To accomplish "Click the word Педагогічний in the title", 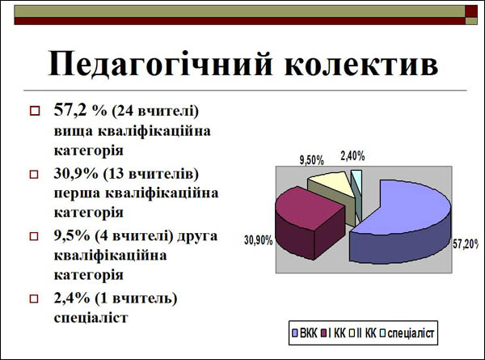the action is coord(160,64).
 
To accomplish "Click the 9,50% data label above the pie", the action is coord(311,161).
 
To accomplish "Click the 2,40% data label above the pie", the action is coord(352,156).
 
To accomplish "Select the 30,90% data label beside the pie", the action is coord(259,240).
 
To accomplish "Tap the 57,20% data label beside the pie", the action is coord(466,244).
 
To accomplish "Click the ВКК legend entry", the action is coord(305,333).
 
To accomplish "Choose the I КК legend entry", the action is coord(333,333).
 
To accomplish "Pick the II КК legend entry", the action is coord(362,333).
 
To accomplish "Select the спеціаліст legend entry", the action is coord(407,333).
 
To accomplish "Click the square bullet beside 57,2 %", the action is coord(35,111).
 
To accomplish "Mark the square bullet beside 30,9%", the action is coord(34,174).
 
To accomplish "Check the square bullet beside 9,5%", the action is coord(34,236).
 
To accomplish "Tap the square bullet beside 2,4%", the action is coord(34,299).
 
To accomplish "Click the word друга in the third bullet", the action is coord(197,237).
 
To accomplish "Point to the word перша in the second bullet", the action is coord(77,194).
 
